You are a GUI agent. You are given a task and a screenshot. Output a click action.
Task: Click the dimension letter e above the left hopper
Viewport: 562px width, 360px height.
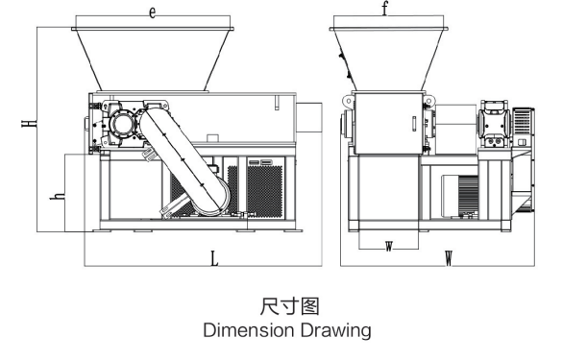pyautogui.click(x=153, y=12)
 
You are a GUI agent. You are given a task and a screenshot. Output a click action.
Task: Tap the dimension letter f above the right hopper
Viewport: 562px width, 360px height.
pyautogui.click(x=385, y=12)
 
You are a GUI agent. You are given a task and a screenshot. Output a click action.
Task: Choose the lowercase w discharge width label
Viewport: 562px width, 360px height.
pyautogui.click(x=389, y=246)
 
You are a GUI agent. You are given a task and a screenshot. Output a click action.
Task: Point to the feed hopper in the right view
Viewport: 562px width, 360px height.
pyautogui.click(x=385, y=58)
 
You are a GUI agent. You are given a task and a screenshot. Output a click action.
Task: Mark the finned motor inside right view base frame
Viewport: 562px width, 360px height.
pyautogui.click(x=460, y=203)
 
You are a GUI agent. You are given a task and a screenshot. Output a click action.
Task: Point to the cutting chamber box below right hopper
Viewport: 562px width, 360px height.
pyautogui.click(x=386, y=123)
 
